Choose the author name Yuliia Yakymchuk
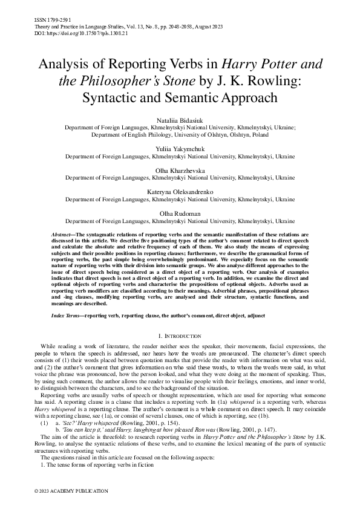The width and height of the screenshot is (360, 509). click(180, 148)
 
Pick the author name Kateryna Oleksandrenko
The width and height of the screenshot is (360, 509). click(180, 191)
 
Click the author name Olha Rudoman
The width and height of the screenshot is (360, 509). click(180, 214)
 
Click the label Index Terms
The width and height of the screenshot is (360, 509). click(66, 316)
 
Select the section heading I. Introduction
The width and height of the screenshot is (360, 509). click(180, 336)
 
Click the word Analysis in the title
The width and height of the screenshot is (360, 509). click(65, 63)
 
